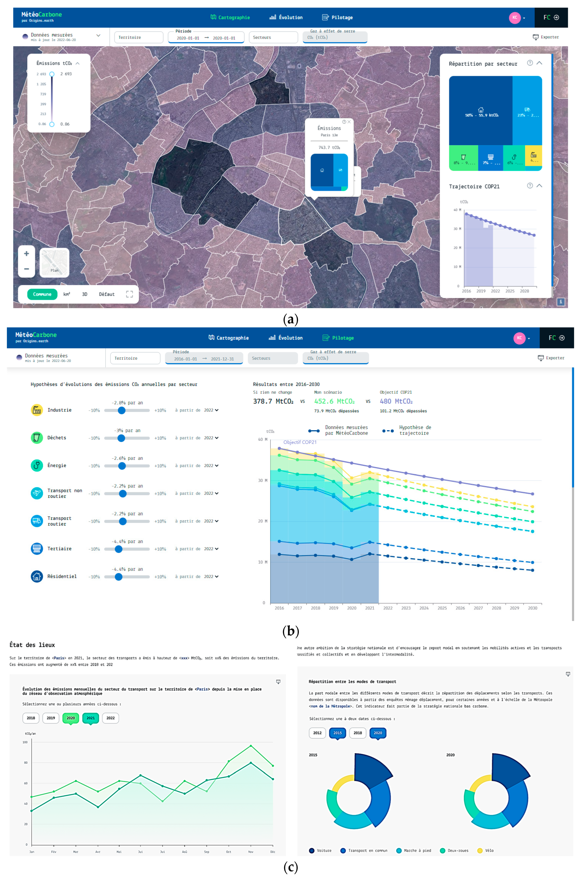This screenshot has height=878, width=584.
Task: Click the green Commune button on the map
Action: pyautogui.click(x=42, y=294)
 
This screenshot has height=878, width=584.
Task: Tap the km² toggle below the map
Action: pyautogui.click(x=67, y=294)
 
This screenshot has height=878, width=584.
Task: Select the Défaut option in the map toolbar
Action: pyautogui.click(x=107, y=294)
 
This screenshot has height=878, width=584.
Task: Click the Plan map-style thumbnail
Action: pyautogui.click(x=54, y=262)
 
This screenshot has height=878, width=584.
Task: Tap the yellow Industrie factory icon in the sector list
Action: pyautogui.click(x=36, y=410)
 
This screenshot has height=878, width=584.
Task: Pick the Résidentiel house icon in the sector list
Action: pyautogui.click(x=36, y=577)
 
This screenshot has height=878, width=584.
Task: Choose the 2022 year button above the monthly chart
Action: pyautogui.click(x=111, y=718)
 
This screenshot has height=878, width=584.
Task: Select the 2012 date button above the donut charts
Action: pyautogui.click(x=317, y=733)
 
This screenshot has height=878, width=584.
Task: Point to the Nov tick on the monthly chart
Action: pyautogui.click(x=251, y=852)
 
